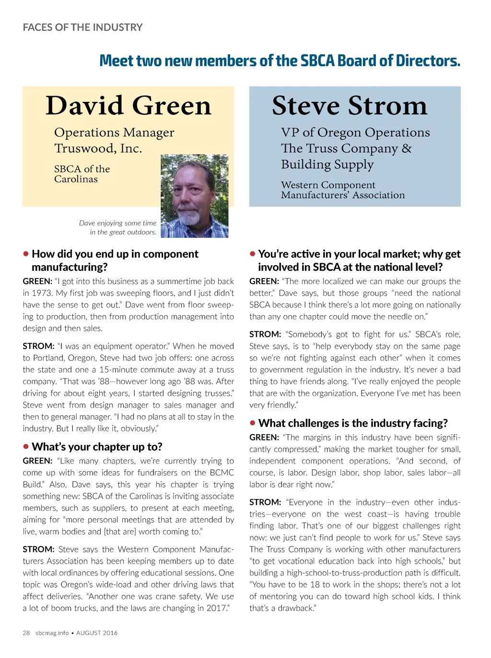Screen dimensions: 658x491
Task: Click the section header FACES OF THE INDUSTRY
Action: [x=82, y=27]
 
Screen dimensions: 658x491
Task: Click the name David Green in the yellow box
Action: [x=128, y=106]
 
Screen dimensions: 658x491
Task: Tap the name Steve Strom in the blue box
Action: [x=350, y=106]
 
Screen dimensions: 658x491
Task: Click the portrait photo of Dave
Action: [x=194, y=196]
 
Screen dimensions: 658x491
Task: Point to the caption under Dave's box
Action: [x=118, y=228]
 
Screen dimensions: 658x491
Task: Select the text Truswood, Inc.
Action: [x=98, y=148]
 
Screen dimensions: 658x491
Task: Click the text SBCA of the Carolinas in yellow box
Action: [x=82, y=174]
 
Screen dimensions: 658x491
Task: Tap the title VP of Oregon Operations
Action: [x=355, y=133]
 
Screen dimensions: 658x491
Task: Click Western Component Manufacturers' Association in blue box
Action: [x=343, y=190]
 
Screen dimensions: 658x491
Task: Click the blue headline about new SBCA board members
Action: [x=280, y=61]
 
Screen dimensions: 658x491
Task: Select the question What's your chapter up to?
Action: [x=97, y=447]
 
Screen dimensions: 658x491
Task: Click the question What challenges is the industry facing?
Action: [x=353, y=423]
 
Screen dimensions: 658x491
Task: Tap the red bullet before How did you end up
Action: [x=26, y=254]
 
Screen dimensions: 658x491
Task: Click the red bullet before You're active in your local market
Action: [x=253, y=254]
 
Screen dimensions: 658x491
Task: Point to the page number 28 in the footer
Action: [x=26, y=633]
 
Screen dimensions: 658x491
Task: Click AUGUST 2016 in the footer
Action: [x=97, y=633]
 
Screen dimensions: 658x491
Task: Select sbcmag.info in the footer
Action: [x=52, y=633]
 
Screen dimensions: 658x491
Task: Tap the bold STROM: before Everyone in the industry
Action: [x=265, y=502]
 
